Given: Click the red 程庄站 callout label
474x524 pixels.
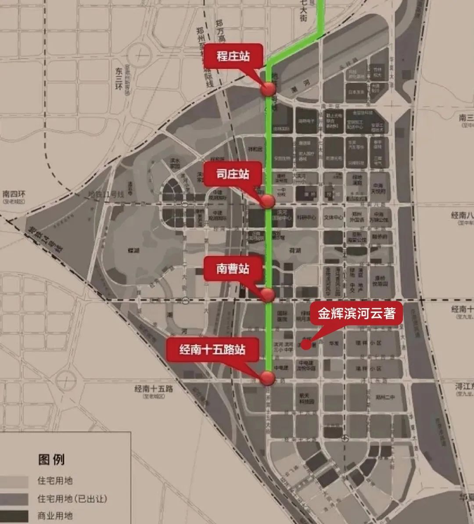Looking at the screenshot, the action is click(233, 57).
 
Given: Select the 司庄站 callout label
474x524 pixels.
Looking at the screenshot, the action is click(233, 174).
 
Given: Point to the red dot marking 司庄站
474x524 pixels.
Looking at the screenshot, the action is click(268, 201).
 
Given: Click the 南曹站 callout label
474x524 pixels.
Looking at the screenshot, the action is click(233, 269).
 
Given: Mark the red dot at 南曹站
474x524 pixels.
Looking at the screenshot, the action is click(268, 294).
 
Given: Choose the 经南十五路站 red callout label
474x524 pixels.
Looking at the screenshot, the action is click(212, 350).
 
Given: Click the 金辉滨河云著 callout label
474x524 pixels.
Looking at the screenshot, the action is click(356, 313).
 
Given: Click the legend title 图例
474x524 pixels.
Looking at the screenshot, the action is click(51, 459).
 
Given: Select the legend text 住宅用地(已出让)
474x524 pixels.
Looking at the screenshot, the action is click(72, 499).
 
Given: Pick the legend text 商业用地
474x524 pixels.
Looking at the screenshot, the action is click(55, 516).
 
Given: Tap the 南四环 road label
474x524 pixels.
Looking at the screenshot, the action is click(14, 194).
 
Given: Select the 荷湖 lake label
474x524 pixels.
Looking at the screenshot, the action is click(295, 251).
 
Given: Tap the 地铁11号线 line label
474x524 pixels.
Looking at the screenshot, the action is click(107, 194).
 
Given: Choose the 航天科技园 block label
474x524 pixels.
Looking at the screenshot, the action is click(307, 398).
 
